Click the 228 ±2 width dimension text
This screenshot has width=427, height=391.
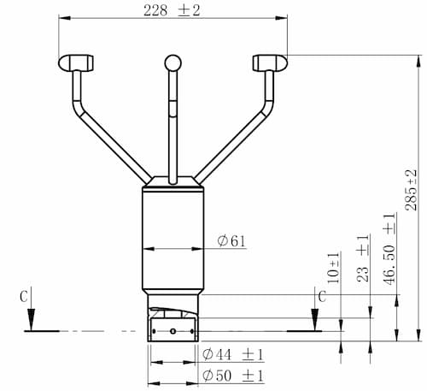point(172,11)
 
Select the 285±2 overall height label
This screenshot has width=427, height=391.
point(411,190)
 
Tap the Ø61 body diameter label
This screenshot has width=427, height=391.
point(231,241)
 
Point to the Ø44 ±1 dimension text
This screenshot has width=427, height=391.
point(233,355)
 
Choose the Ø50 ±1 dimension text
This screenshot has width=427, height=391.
point(233,376)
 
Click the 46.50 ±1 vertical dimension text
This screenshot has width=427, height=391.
point(389,249)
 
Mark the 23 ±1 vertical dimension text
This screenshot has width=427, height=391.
point(363,258)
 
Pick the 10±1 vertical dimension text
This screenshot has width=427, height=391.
point(334,268)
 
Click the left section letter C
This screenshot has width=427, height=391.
point(24,297)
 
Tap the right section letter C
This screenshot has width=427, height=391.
point(322,297)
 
